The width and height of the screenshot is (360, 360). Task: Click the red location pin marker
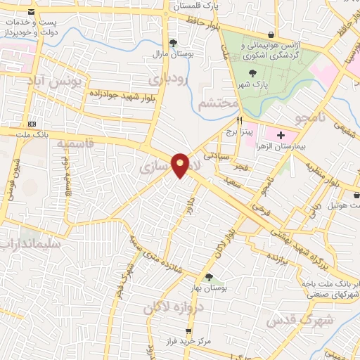tap(181, 165)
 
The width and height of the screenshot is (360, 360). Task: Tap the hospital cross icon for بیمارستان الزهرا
tap(281, 134)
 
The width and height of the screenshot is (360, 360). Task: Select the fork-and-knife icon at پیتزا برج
tap(239, 120)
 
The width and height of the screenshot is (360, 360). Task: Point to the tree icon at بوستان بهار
tap(209, 276)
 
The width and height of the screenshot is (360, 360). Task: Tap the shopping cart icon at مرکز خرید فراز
tap(188, 330)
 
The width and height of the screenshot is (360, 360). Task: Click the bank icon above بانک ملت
tap(31, 121)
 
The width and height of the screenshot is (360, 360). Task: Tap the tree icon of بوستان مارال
tap(174, 42)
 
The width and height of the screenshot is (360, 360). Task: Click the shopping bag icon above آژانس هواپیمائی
tap(271, 34)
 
